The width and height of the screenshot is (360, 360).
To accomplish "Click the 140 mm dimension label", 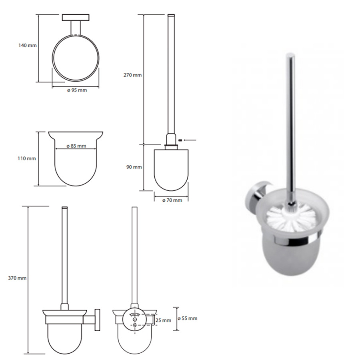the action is click(x=28, y=46).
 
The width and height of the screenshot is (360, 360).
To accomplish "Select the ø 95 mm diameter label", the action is click(x=77, y=90).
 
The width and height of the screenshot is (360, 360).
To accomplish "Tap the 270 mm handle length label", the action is click(x=133, y=75).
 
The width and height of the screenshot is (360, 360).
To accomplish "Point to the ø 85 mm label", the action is click(x=76, y=146).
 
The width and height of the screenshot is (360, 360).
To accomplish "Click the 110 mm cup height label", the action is click(x=27, y=158).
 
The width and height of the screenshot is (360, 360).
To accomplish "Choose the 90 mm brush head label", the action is click(x=134, y=167).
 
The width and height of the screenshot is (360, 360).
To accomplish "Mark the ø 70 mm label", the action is click(x=172, y=200).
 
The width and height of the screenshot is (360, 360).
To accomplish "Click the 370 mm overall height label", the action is click(x=18, y=278).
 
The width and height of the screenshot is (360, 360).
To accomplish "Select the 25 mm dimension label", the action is click(x=163, y=320).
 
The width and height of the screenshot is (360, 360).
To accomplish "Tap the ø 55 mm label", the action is click(x=188, y=318).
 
